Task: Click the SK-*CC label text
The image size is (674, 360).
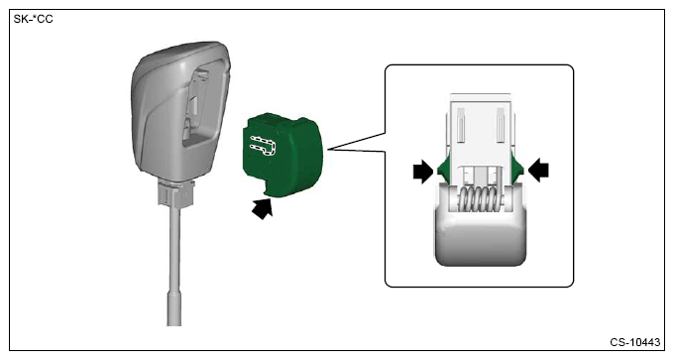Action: (x=33, y=19)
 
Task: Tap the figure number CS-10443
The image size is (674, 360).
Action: (x=635, y=342)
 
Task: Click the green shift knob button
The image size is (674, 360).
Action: (x=281, y=154)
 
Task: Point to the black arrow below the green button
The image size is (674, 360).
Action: (x=263, y=208)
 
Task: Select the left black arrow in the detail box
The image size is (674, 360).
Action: (x=423, y=172)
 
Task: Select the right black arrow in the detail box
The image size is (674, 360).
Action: (x=538, y=170)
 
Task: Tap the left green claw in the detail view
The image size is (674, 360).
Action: (x=443, y=169)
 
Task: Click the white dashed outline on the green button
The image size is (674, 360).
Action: (x=263, y=146)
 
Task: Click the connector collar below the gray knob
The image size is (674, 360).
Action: (x=176, y=192)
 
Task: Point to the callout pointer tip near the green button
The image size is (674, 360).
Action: (x=328, y=149)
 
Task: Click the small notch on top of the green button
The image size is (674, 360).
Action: (x=269, y=122)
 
